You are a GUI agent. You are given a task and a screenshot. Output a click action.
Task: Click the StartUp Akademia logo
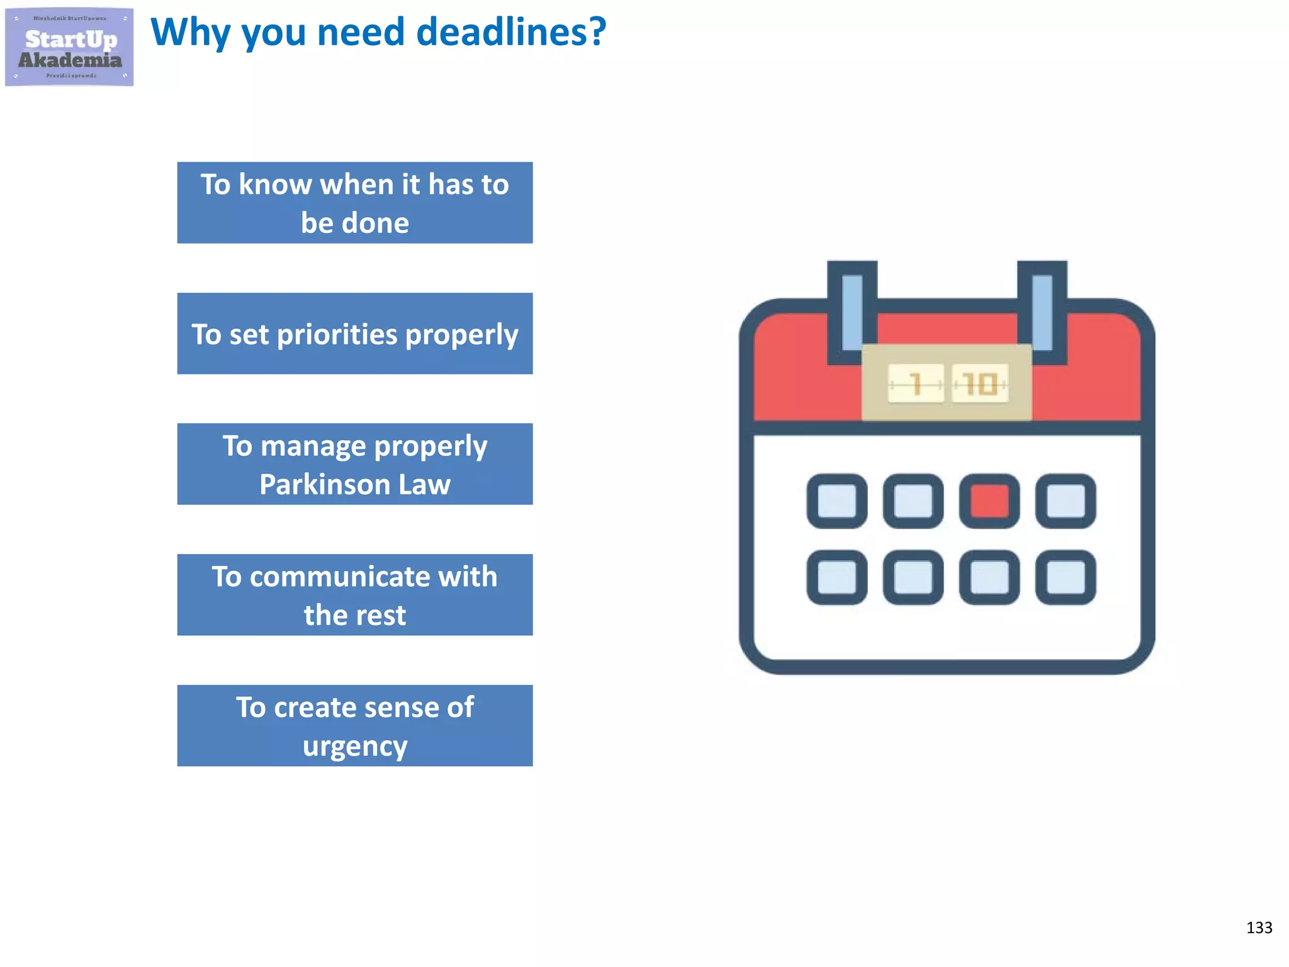[x=69, y=47]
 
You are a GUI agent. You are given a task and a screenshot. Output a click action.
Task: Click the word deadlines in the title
[x=511, y=32]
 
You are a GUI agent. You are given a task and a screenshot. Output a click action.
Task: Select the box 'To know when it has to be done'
[x=355, y=203]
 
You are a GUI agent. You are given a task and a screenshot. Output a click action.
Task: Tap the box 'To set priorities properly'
[x=355, y=334]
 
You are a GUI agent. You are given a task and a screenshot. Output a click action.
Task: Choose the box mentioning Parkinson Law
[x=355, y=465]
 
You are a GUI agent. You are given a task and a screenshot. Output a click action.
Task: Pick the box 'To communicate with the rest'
[x=355, y=595]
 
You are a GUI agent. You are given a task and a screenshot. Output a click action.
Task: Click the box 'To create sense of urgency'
[x=355, y=726]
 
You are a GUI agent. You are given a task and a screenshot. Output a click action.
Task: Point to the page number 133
[x=1259, y=928]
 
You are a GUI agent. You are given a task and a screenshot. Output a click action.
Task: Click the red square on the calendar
[x=989, y=501]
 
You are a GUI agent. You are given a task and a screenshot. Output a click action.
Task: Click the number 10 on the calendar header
[x=980, y=383]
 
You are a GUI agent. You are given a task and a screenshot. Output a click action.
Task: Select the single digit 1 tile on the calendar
[x=916, y=383]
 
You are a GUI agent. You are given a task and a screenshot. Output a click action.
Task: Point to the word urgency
[x=355, y=747]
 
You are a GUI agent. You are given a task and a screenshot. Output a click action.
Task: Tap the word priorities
[x=337, y=334]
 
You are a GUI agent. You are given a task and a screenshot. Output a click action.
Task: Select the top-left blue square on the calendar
[x=837, y=501]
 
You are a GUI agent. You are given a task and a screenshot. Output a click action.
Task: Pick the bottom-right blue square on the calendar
[x=1066, y=577]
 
